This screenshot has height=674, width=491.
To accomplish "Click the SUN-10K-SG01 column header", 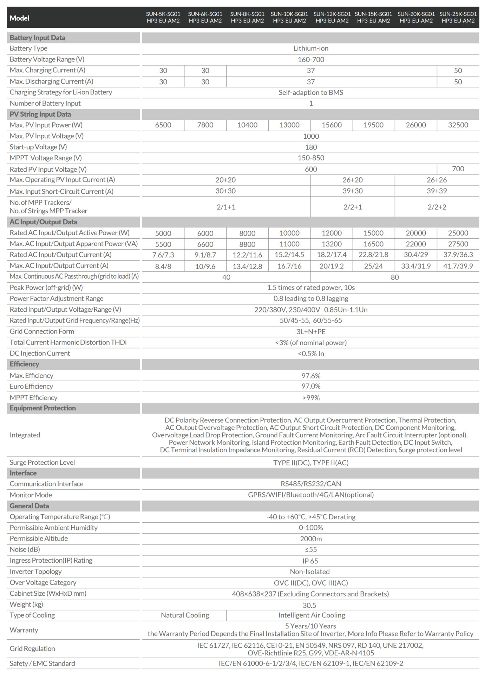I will pos(289,17).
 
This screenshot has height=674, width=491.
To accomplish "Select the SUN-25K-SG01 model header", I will pos(458,17).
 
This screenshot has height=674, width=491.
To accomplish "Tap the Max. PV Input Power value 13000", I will pos(289,125).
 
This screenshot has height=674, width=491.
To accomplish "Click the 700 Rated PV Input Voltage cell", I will pos(458,169).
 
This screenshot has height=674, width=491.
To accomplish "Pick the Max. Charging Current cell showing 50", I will pos(458,71).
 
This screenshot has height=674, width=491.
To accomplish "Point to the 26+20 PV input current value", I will pos(353,180).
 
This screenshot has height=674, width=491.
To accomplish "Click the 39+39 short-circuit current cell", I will pos(437,191).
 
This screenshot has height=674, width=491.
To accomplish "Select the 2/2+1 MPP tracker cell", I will pos(353,207).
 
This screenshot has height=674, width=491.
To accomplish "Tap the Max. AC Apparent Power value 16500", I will pos(373,244).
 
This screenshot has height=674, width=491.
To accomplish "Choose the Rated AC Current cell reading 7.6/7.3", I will pos(163,255).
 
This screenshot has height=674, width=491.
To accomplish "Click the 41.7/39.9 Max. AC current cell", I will pos(458,266).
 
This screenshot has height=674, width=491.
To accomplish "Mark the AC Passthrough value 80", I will pos(395,277).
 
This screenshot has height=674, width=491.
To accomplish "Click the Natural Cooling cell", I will pos(185,615).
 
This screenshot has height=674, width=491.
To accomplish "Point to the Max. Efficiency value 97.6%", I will pos(311,376).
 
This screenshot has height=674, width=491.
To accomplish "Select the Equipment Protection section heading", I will pos(42,408).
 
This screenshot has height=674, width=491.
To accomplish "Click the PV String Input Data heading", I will pos(40,114).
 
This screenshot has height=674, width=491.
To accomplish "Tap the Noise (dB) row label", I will pos(25,549).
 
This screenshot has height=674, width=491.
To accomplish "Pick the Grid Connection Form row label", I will pos(42,331).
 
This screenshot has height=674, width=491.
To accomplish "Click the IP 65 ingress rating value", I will pos(310,561).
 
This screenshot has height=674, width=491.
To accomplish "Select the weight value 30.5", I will pos(309,605).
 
